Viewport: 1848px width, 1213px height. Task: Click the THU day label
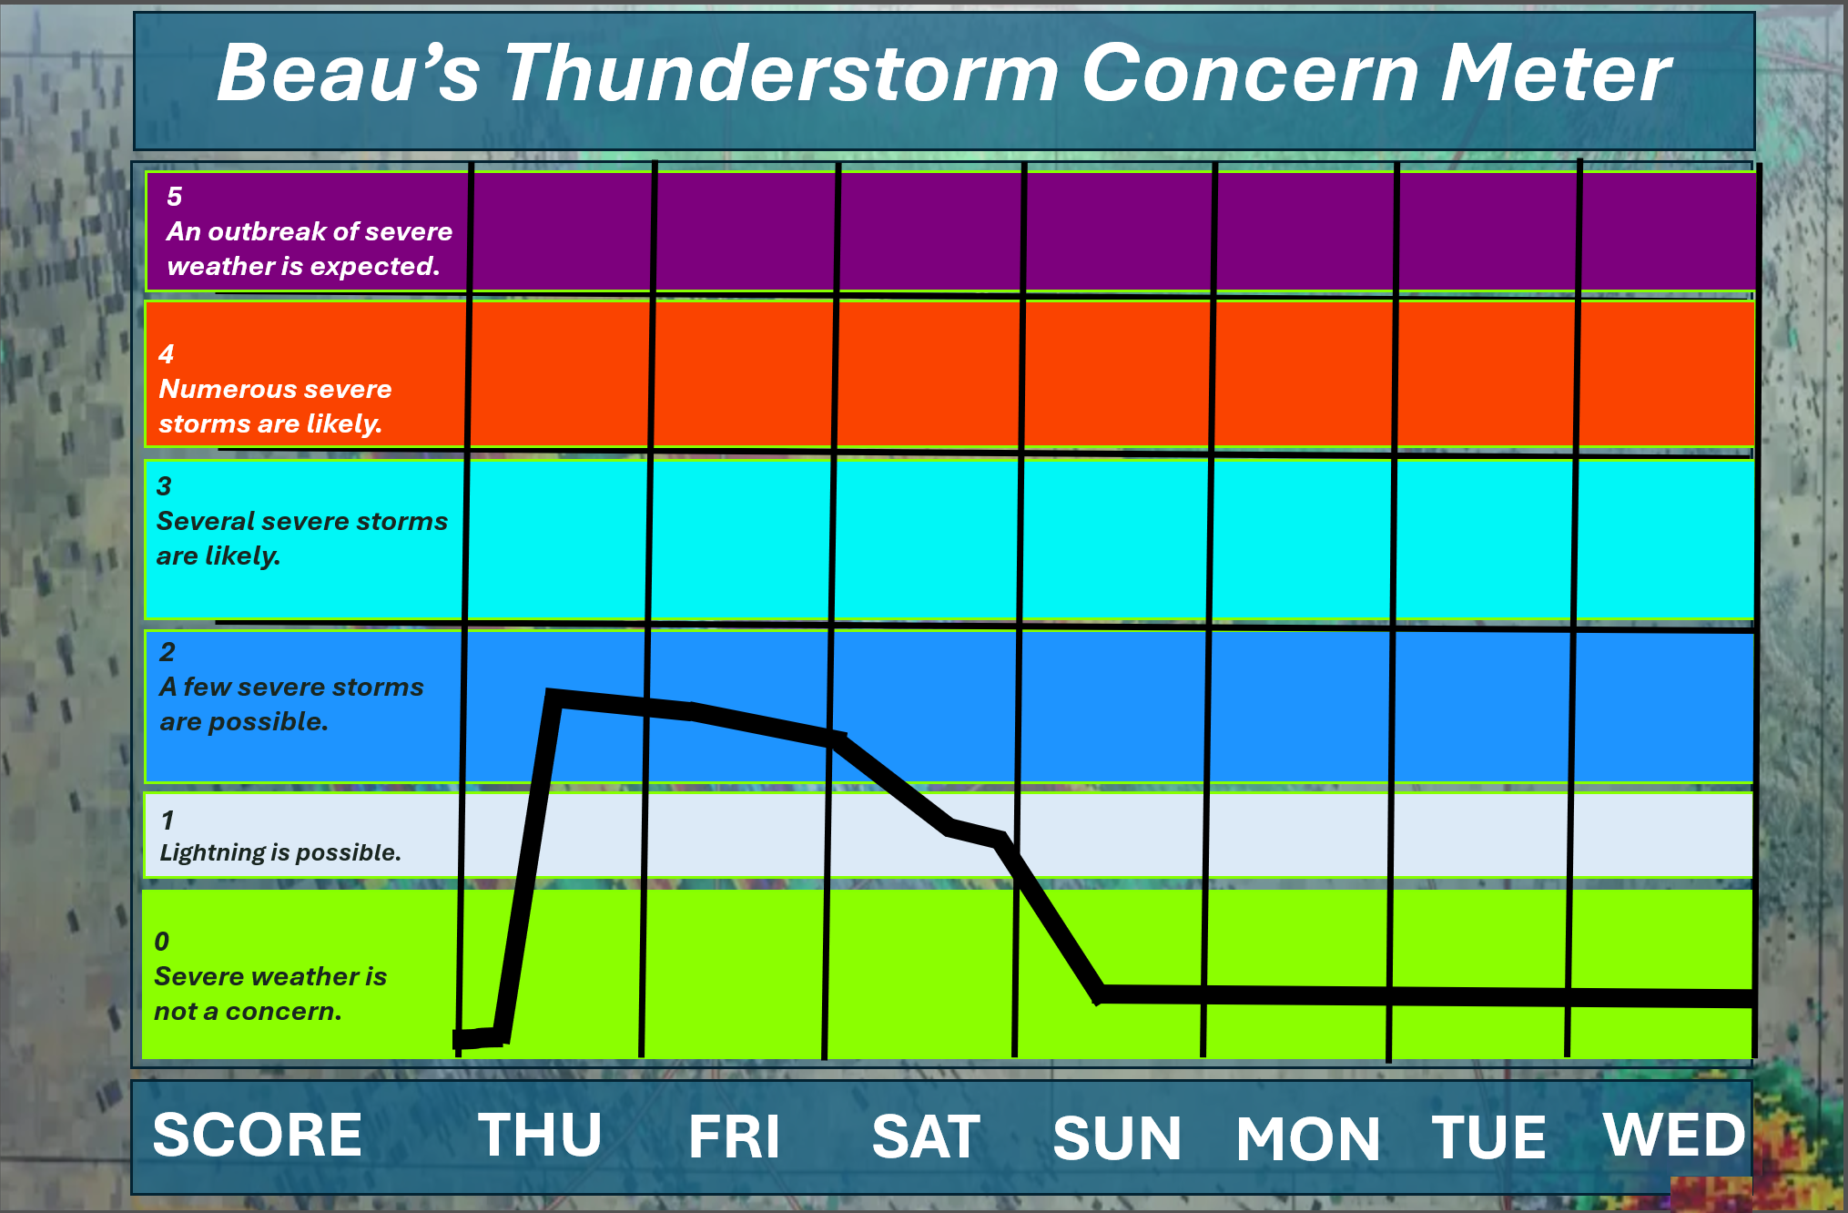click(x=541, y=1135)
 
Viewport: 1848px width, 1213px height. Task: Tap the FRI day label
click(x=735, y=1137)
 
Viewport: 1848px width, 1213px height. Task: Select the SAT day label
click(x=926, y=1137)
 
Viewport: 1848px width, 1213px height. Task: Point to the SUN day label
click(x=1117, y=1138)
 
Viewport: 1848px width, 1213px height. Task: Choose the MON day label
click(x=1308, y=1138)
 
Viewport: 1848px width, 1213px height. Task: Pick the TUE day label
click(x=1489, y=1137)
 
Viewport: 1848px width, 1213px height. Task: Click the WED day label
click(x=1675, y=1135)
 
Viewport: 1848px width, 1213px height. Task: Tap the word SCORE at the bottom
click(x=258, y=1135)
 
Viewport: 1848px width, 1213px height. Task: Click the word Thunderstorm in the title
click(x=782, y=73)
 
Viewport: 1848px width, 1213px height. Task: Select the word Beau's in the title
click(x=349, y=73)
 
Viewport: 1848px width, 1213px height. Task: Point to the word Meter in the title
click(x=1556, y=73)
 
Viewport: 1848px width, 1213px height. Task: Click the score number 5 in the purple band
click(x=174, y=196)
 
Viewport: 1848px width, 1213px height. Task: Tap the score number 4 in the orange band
click(x=166, y=353)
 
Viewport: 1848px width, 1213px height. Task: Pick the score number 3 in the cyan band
click(x=164, y=485)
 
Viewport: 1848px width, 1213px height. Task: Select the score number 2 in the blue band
click(x=167, y=651)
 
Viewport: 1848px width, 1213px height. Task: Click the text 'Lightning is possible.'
click(x=280, y=852)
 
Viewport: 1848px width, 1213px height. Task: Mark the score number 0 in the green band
click(x=162, y=941)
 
